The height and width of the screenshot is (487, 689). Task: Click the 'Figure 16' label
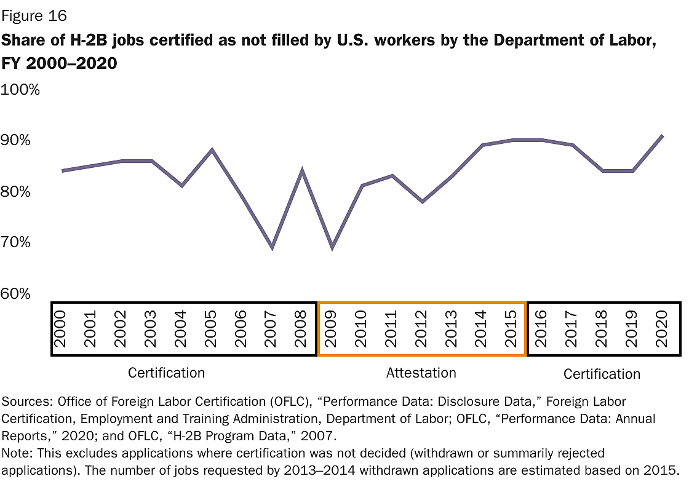tap(35, 15)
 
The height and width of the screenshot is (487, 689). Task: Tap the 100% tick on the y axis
tap(22, 90)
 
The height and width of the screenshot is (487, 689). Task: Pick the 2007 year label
tap(271, 329)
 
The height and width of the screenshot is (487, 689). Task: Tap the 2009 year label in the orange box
tap(332, 329)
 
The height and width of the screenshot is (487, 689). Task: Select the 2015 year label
tap(511, 329)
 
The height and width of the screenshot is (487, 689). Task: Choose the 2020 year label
tap(661, 329)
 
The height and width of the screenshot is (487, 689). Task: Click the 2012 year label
tap(421, 329)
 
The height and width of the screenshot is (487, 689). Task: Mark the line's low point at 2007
tap(272, 248)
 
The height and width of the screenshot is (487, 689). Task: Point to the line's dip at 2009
tap(332, 248)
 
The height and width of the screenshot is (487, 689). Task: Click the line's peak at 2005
tap(212, 149)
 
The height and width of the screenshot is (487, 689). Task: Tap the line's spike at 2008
tap(302, 170)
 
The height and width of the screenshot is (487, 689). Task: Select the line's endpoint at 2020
tap(662, 135)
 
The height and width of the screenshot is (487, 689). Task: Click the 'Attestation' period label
tap(421, 373)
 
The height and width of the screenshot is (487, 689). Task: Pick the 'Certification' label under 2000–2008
tap(166, 373)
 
